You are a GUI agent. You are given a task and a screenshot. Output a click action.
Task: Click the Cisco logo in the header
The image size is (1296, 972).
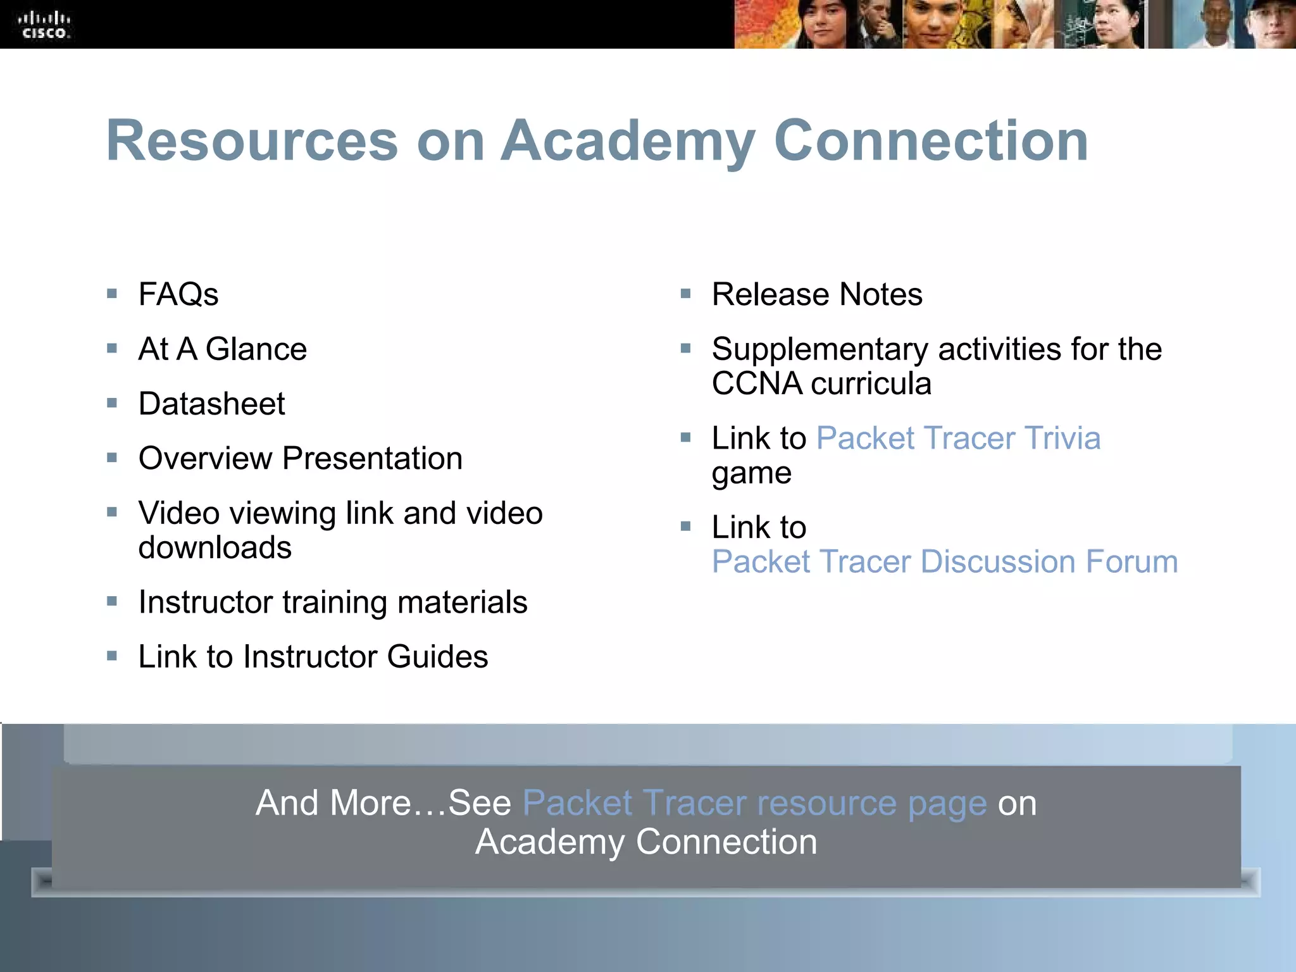(x=44, y=25)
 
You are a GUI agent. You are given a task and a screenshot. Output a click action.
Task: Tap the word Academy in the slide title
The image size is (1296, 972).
(x=628, y=142)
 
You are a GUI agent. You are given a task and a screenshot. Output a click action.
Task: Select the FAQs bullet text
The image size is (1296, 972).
(x=178, y=294)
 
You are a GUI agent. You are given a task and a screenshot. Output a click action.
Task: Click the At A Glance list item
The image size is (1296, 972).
(x=222, y=349)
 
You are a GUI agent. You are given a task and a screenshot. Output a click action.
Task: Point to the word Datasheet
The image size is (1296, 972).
(x=211, y=404)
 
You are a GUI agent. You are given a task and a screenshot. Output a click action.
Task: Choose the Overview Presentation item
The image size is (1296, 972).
(x=300, y=458)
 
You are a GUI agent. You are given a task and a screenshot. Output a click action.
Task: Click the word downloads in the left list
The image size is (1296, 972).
(x=215, y=548)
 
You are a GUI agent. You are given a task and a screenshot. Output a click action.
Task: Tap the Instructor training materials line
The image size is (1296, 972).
(x=333, y=602)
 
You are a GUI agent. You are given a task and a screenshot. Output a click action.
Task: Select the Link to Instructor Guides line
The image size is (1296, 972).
(x=313, y=657)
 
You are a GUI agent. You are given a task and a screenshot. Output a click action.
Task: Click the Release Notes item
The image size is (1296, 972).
(x=817, y=294)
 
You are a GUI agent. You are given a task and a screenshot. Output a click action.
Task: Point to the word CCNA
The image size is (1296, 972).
(x=757, y=384)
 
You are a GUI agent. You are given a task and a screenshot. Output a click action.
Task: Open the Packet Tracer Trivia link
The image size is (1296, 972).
(x=958, y=438)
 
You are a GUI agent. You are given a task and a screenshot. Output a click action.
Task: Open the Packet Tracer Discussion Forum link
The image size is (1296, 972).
(x=944, y=562)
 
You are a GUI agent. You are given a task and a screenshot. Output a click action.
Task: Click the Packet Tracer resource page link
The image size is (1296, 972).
(x=754, y=803)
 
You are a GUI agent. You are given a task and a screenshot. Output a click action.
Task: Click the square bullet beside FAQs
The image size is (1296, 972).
(x=112, y=294)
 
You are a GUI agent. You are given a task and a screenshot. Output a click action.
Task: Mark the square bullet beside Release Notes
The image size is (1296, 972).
(x=685, y=294)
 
